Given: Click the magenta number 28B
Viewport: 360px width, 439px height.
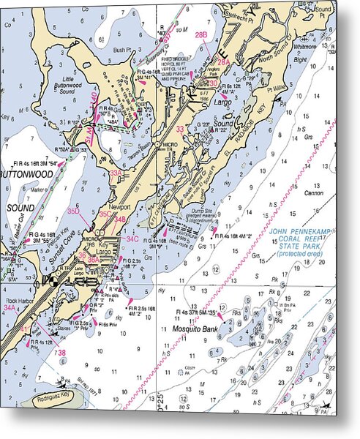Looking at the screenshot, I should (x=200, y=35).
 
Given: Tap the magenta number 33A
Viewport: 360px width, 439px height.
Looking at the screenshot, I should (x=116, y=173).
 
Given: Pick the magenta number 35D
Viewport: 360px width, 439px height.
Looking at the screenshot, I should (x=74, y=211).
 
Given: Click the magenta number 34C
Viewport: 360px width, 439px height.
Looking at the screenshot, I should (x=132, y=239).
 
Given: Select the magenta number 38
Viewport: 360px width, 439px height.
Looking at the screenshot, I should (x=62, y=353).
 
